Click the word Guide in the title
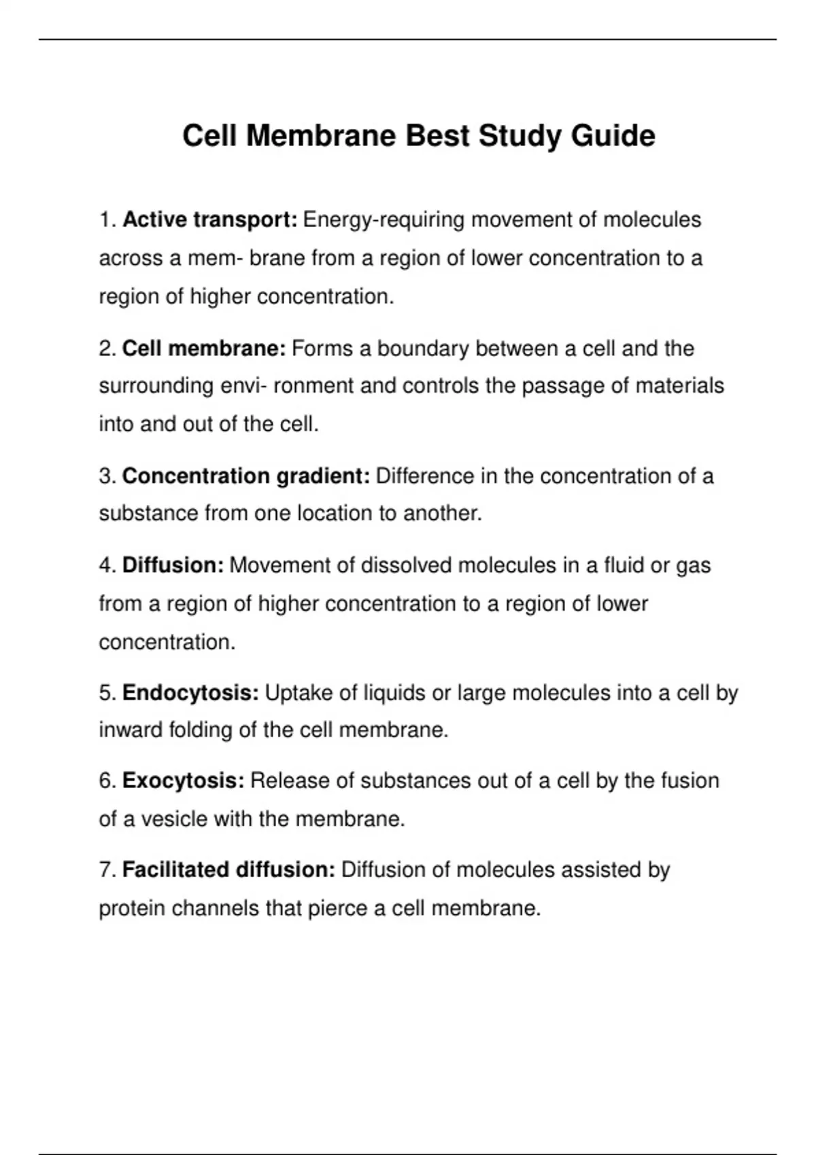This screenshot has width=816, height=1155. click(x=613, y=136)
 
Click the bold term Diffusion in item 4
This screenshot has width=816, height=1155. click(x=173, y=565)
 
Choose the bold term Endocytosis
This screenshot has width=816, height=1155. click(x=190, y=693)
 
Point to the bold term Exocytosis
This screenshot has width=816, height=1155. click(x=183, y=781)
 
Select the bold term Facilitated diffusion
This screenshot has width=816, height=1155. click(x=228, y=870)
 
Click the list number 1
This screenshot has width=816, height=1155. click(x=107, y=220)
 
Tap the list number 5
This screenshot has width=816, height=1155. click(x=107, y=693)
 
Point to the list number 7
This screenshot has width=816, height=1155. click(x=107, y=870)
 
